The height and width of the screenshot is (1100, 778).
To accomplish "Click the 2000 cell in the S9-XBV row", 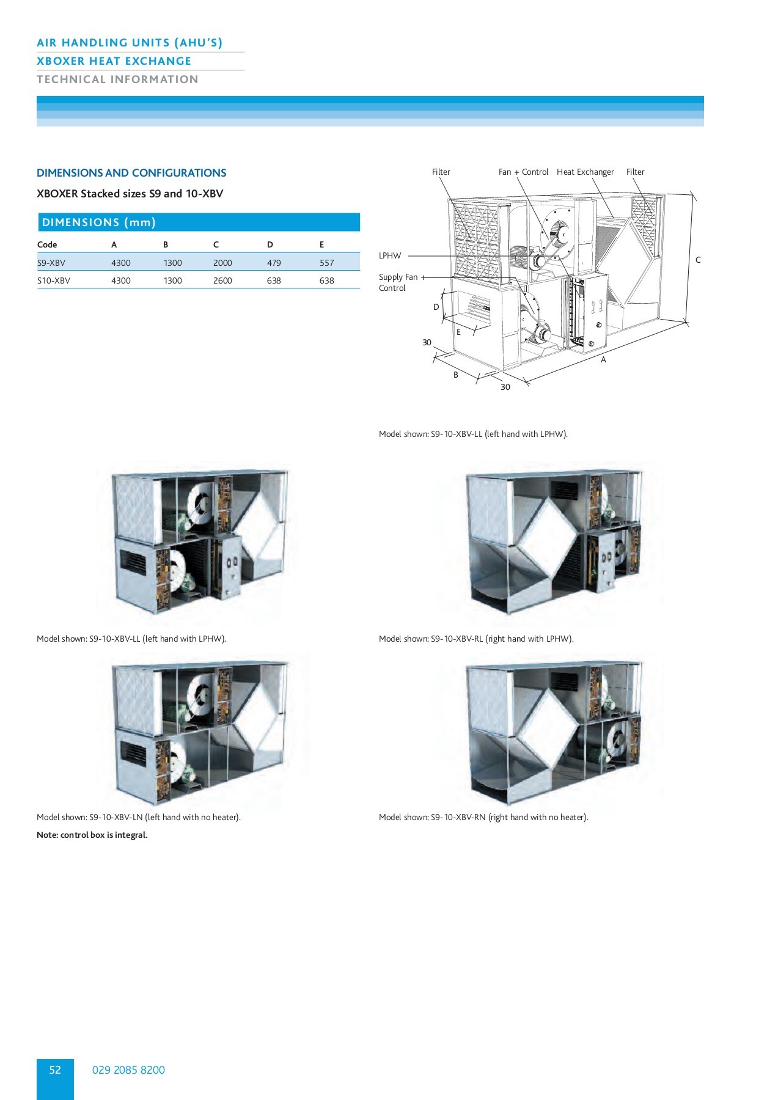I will click(x=222, y=263).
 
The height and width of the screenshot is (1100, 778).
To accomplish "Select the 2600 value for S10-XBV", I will click(x=222, y=280).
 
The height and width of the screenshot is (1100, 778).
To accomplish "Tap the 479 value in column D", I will click(x=274, y=263).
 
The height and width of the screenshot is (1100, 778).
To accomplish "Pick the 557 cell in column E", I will click(x=327, y=263).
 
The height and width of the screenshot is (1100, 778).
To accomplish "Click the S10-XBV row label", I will click(x=54, y=280).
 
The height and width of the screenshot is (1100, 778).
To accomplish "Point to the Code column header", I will click(x=47, y=244).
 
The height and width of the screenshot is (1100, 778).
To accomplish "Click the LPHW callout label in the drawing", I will click(x=390, y=255).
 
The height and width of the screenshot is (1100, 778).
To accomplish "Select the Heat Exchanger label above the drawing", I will click(x=585, y=172).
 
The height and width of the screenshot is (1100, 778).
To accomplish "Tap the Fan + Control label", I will click(x=523, y=172).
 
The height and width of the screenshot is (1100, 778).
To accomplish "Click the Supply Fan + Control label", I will click(x=398, y=282).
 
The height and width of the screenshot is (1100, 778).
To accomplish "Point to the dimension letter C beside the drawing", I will click(x=698, y=260).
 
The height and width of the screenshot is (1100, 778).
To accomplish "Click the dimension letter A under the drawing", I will click(x=603, y=360).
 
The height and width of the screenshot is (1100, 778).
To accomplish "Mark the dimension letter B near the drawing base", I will click(x=456, y=375).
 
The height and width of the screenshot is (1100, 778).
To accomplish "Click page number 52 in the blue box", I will click(x=55, y=1069).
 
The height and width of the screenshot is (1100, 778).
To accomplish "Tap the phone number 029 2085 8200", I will click(x=128, y=1069).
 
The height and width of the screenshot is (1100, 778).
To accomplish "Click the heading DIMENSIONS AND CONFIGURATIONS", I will click(x=131, y=173).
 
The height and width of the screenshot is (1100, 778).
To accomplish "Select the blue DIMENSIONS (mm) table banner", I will click(x=198, y=222).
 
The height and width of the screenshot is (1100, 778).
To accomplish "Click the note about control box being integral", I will click(x=92, y=835).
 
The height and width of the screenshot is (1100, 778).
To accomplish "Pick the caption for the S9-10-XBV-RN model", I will click(x=483, y=817).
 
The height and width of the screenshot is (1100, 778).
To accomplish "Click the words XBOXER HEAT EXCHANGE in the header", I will click(x=114, y=61).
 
